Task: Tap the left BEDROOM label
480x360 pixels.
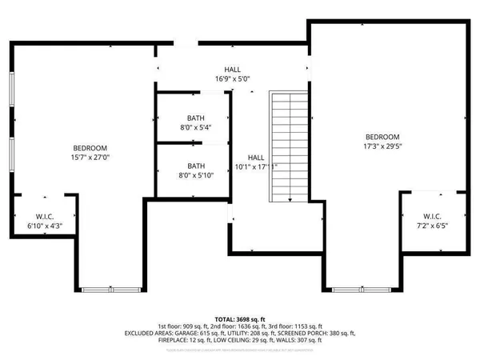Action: [x=90, y=148]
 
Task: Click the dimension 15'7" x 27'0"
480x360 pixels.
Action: [x=90, y=158]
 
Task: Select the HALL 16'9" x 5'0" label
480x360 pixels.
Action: [x=233, y=74]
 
